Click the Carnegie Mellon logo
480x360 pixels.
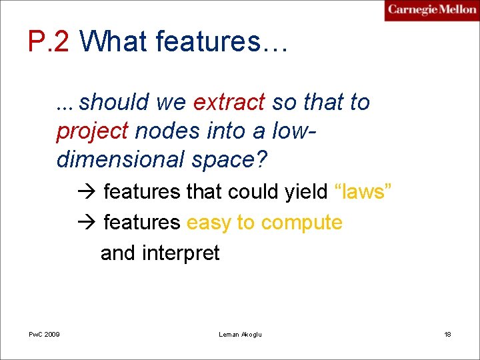[431, 10]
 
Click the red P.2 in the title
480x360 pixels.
[49, 42]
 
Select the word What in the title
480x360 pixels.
[114, 42]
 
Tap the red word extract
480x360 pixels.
[229, 103]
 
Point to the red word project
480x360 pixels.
[92, 131]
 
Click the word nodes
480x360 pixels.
[167, 131]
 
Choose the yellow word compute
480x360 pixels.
[301, 223]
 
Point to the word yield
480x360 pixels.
[306, 192]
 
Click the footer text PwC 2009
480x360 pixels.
[44, 333]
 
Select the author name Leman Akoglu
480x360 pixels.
[240, 333]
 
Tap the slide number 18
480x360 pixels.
[447, 333]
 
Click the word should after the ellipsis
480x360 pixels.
[113, 103]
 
